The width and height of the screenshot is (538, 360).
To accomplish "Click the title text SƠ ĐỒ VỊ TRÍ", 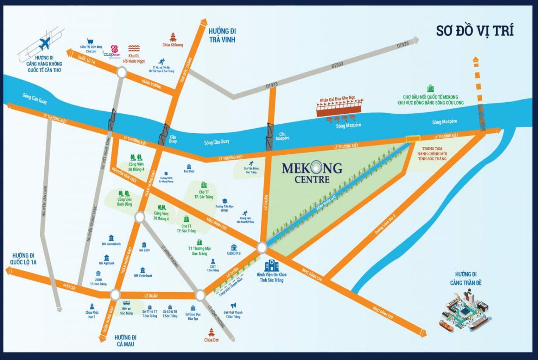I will coord(475,31).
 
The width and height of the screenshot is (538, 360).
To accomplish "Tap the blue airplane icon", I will coord(44,43).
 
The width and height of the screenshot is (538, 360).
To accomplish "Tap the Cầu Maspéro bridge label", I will coord(283,136).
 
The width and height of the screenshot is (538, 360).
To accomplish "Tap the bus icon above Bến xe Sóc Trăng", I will coord(126,304).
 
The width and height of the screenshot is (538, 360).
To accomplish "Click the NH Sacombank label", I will coord(111,244).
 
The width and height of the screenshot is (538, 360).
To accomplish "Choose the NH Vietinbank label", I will coord(143,275).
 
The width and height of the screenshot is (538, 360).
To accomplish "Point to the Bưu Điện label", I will coord(189,171).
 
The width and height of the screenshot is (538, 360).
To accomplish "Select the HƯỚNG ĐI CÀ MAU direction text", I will coord(126,340).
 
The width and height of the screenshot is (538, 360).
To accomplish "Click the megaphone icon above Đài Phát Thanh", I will coord(233,305).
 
